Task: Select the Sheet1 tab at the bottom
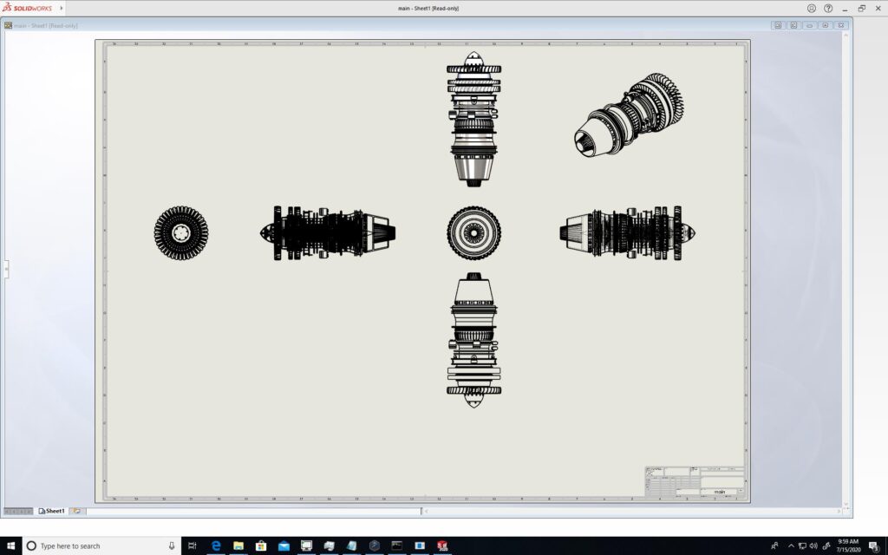[x=55, y=511]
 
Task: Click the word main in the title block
[x=719, y=492]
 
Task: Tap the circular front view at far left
[x=181, y=232]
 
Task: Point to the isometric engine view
[x=630, y=115]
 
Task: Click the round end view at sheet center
[x=473, y=232]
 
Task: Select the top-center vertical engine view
[x=473, y=119]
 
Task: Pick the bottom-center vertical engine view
[x=473, y=341]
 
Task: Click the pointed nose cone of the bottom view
[x=473, y=402]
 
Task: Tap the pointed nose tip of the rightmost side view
[x=693, y=232]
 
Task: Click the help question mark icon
[x=828, y=8]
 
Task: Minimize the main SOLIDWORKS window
[x=846, y=8]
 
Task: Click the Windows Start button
[x=10, y=545]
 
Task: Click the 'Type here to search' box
[x=95, y=545]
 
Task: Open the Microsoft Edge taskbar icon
[x=216, y=545]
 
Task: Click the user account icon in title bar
[x=812, y=8]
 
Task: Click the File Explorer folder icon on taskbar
[x=238, y=545]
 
